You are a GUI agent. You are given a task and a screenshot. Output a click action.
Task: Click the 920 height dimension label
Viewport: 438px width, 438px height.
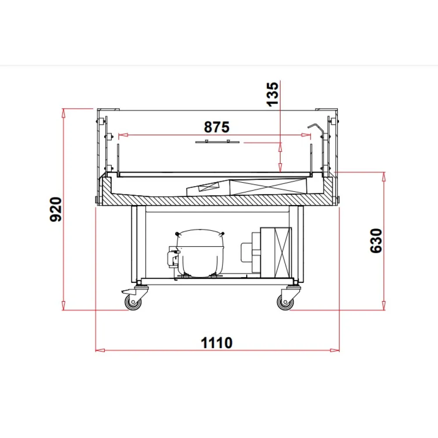pyautogui.click(x=56, y=209)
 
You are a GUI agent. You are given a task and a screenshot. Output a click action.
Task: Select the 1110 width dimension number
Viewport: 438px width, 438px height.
pyautogui.click(x=216, y=343)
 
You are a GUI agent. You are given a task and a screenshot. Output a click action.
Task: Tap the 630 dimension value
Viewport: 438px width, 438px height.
pyautogui.click(x=376, y=241)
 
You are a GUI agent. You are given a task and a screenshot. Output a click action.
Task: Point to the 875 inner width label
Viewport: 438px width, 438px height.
pyautogui.click(x=217, y=127)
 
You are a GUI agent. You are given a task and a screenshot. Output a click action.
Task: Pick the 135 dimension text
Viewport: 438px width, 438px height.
pyautogui.click(x=272, y=94)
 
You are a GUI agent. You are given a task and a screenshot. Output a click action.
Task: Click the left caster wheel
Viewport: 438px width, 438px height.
pyautogui.click(x=133, y=302)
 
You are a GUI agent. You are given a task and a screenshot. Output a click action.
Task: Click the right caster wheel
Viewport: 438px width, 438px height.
pyautogui.click(x=285, y=302)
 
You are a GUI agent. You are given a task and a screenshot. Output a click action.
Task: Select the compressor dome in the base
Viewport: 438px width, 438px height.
pyautogui.click(x=200, y=253)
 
